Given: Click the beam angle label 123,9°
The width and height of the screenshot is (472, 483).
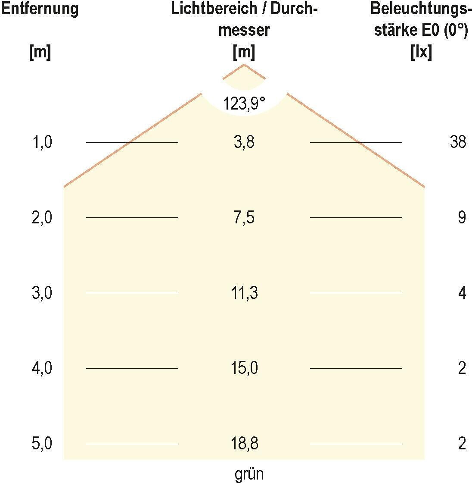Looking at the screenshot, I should point(244,103).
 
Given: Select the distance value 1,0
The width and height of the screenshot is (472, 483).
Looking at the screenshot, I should point(42,142).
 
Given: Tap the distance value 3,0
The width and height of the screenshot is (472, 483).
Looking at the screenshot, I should point(42,293).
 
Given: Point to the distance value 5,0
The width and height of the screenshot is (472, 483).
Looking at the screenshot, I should point(42,444).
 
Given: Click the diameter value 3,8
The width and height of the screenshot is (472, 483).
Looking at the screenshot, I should point(244,142).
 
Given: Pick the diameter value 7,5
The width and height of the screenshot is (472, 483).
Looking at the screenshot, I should point(244,218).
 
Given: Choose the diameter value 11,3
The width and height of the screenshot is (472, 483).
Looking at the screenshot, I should point(244,293).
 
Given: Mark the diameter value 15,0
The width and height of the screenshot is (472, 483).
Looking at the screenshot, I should point(244,369).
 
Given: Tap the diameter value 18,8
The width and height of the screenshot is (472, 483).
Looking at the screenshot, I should point(244,444).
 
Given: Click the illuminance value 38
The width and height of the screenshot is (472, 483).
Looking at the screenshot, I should point(457,142).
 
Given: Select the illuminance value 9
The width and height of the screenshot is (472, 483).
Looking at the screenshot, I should point(462,218).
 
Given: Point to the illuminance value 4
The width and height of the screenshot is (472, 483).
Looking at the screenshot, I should point(462,293).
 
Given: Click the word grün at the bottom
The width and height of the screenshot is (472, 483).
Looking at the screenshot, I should point(249,474).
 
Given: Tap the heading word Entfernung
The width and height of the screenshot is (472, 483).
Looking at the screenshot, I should point(40,9).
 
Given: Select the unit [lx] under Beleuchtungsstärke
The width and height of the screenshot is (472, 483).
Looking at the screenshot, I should point(422,53).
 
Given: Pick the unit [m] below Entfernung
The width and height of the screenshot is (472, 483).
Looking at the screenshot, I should point(40,53).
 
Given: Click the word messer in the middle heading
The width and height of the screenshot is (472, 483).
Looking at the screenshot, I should point(244,31).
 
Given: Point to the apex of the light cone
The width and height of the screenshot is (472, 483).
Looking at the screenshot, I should point(244,65).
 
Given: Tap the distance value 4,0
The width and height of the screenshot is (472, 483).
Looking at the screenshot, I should point(42,369).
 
